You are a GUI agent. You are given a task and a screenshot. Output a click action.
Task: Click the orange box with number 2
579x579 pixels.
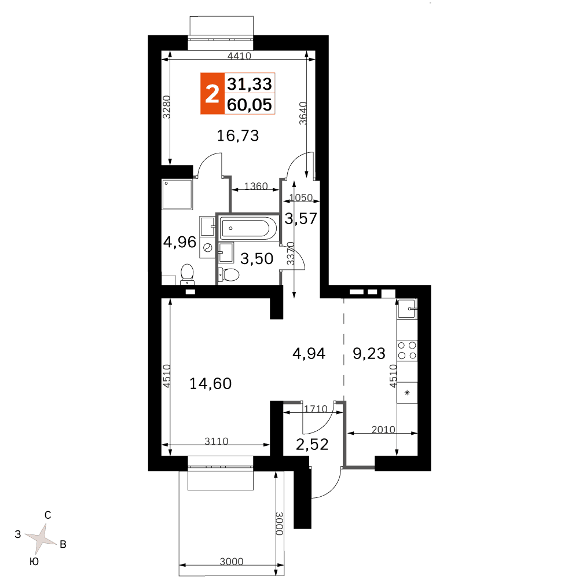(212, 93)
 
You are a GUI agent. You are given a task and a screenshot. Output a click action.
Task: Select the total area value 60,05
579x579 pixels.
(250, 105)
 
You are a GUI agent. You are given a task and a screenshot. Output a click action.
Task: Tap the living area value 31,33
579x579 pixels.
(250, 84)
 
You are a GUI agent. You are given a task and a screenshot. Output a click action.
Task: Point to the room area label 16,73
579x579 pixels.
(238, 136)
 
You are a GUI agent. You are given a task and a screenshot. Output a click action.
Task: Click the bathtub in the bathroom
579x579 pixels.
(248, 228)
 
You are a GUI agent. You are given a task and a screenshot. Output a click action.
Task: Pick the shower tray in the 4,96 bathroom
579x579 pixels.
(177, 194)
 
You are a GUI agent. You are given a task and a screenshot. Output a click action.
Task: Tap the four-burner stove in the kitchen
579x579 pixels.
(407, 350)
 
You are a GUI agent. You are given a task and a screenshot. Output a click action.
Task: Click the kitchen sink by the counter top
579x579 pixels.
(407, 309)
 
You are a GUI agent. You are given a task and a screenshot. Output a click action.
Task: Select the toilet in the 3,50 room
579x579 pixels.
(229, 274)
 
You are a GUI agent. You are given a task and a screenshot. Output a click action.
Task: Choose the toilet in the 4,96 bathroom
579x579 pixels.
(188, 274)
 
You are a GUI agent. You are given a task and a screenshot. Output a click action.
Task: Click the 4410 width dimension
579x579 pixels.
(239, 56)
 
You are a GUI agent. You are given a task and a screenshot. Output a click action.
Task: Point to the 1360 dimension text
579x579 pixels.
(256, 186)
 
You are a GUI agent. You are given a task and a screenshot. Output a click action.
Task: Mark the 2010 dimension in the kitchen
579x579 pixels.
(383, 430)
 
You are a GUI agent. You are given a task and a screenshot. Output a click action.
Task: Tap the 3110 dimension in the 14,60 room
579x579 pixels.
(217, 441)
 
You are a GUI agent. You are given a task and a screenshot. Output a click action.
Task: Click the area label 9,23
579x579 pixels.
(369, 354)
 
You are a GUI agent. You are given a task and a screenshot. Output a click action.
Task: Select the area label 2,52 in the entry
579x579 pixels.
(312, 445)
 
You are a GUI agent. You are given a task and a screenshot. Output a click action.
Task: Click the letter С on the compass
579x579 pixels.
(47, 515)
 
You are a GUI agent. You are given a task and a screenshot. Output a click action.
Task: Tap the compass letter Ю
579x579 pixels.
(34, 562)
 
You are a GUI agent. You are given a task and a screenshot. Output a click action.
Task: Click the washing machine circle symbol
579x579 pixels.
(207, 247)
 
